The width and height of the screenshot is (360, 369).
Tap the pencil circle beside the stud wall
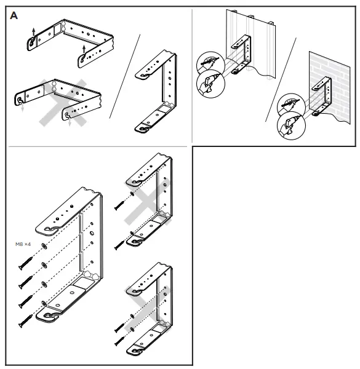click(206, 63)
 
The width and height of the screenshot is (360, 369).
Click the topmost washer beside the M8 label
click(43, 246)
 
